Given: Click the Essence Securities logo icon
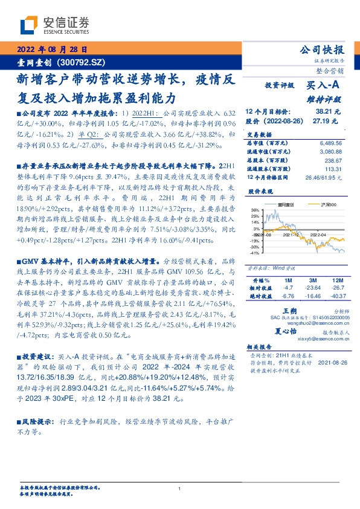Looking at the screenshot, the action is (31, 25).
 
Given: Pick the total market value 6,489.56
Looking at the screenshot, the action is (330, 143).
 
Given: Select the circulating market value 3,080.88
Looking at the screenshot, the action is (330, 152).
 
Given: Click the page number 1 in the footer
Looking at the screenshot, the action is (180, 488).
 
